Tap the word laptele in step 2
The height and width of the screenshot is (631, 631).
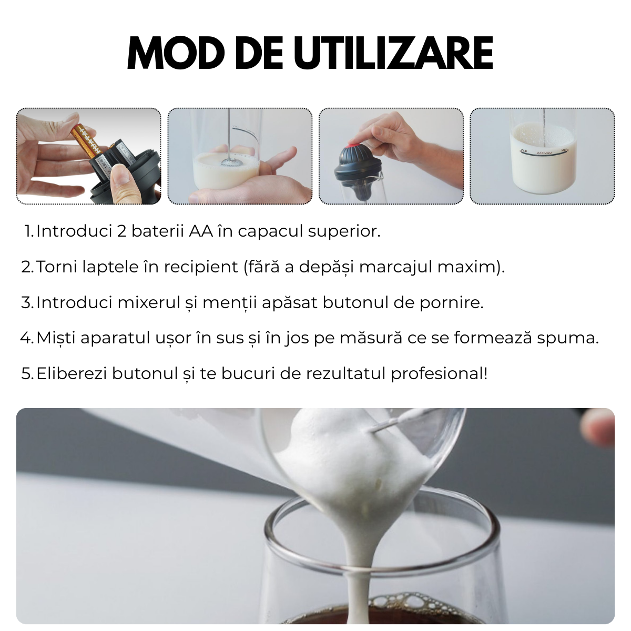pos(111,267)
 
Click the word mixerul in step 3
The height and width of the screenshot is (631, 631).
pos(149,302)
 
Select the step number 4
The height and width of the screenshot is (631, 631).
pos(26,338)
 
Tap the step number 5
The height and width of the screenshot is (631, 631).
pos(27,374)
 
